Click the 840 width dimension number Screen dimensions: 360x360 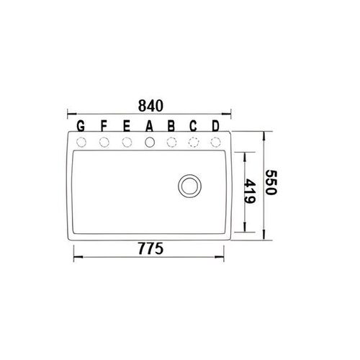click(x=150, y=106)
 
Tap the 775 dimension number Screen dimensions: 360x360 click(x=150, y=248)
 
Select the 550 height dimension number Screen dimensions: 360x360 click(x=271, y=182)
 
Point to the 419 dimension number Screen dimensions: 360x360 click(x=250, y=191)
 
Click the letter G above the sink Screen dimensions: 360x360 click(x=81, y=126)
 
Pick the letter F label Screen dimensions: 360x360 click(x=104, y=126)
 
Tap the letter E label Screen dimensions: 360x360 click(x=127, y=126)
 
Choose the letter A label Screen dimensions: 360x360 click(x=150, y=126)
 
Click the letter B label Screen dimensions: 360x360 click(x=171, y=126)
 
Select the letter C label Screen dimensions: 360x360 click(x=193, y=126)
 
